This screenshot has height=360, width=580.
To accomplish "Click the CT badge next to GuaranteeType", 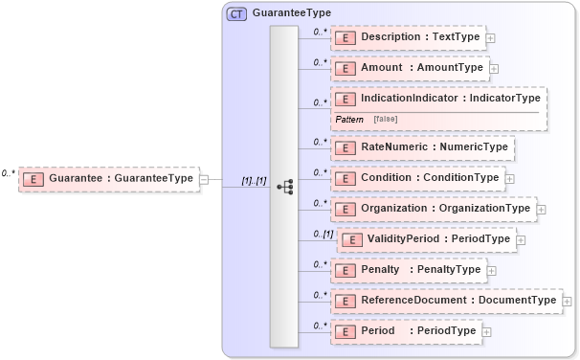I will click(235, 13).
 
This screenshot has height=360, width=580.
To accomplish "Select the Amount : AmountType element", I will click(409, 68).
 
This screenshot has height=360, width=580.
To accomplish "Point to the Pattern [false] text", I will click(367, 119).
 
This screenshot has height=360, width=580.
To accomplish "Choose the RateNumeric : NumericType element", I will click(422, 147).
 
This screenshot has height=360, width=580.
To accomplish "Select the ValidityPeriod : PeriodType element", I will click(427, 239).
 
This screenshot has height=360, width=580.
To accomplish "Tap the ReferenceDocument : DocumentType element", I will click(446, 301).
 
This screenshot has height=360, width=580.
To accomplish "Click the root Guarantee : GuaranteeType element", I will click(108, 178).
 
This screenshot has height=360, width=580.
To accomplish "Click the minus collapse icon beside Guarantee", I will click(204, 179).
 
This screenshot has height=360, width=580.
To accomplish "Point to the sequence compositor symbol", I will click(284, 187).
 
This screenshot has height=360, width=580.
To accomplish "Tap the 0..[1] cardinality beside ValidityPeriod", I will click(323, 234).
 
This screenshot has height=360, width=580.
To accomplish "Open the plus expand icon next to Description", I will click(490, 38).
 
